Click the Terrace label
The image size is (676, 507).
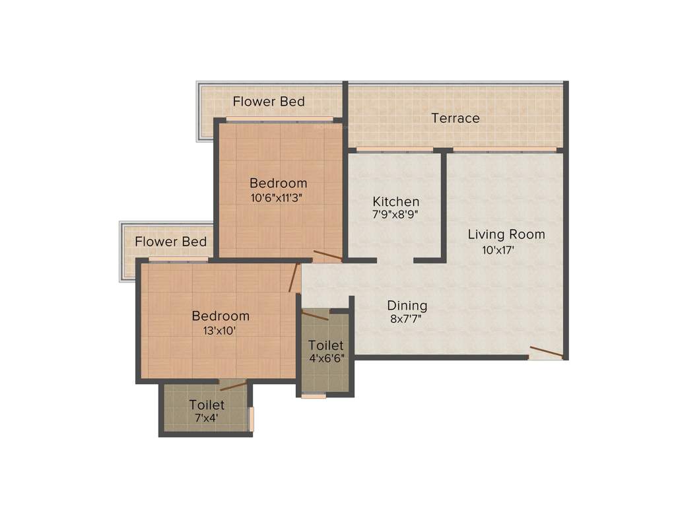point(455,118)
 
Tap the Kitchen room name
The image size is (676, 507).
point(395,201)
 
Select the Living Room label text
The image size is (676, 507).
point(506,234)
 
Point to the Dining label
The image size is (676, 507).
point(407,306)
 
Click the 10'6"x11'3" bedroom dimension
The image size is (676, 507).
point(278,197)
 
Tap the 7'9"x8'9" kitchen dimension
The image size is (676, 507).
point(395,215)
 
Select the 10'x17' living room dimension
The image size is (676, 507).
point(498,250)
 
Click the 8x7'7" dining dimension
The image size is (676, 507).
point(406,319)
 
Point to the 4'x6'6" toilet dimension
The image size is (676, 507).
point(325,359)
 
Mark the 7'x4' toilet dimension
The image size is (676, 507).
point(207,418)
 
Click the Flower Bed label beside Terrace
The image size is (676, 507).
point(269,102)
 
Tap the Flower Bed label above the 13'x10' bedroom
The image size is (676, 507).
point(170,242)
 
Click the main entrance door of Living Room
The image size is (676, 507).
point(546,353)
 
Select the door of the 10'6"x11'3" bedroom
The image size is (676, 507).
point(327,255)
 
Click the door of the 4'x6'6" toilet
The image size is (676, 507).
point(315,316)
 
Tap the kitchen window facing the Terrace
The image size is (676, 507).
point(395,150)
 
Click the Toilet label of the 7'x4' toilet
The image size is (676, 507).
point(207,405)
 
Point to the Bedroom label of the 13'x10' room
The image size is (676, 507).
point(220,316)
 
